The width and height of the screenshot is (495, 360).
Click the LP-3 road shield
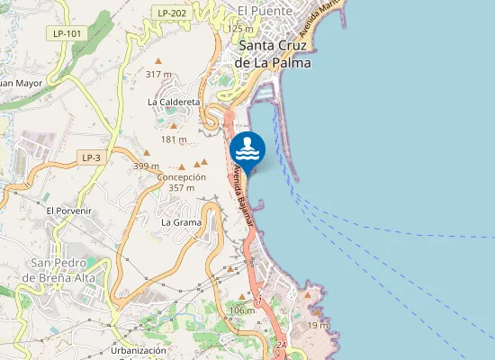(x=91, y=157)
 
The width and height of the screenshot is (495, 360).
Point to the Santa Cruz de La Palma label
(x=273, y=55)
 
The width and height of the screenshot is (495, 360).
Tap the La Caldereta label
(x=174, y=103)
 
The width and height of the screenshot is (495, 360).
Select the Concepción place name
(x=182, y=177)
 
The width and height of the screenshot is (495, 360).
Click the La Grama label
(x=181, y=221)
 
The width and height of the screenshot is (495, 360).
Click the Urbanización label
(x=139, y=350)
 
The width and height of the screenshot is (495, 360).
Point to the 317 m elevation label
(x=158, y=75)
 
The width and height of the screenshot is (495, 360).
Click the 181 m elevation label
(x=174, y=139)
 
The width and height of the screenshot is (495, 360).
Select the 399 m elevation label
(x=146, y=166)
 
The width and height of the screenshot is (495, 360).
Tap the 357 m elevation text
(x=182, y=188)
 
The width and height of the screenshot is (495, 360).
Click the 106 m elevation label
(x=242, y=310)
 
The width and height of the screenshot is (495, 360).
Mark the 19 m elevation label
(x=319, y=324)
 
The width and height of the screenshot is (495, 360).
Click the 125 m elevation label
(x=240, y=29)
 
